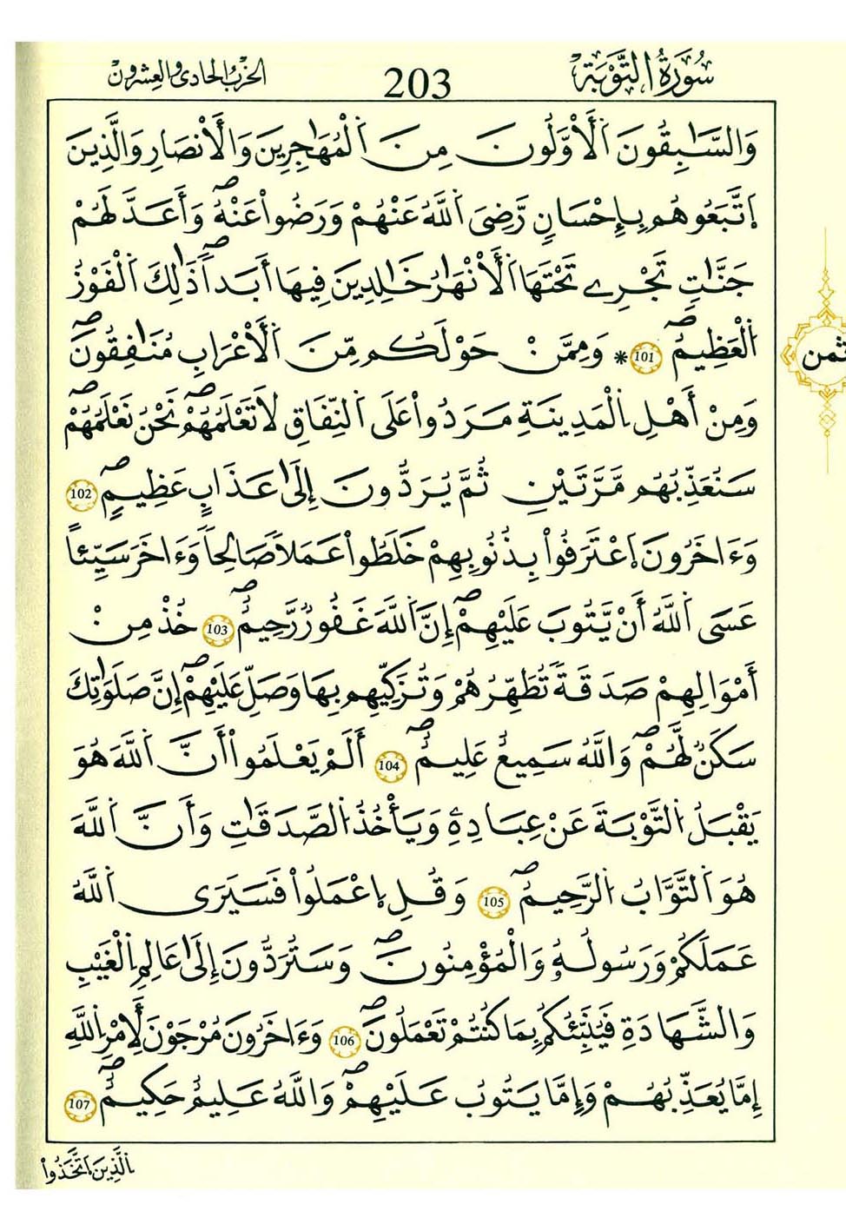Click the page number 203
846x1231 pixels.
pos(417,83)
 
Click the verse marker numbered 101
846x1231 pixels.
pos(644,357)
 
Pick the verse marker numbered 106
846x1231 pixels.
pos(345,1038)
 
